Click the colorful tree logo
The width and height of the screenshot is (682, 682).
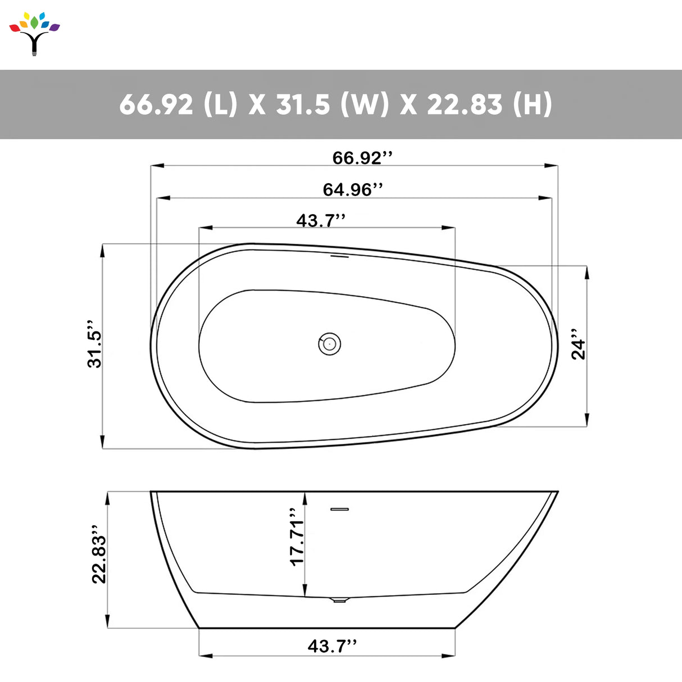click(34, 33)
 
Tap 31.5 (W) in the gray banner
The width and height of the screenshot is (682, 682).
click(332, 104)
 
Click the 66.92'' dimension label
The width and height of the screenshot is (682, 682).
click(362, 158)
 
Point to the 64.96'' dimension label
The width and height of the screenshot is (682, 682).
click(353, 190)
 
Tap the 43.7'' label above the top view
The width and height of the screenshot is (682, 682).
click(321, 221)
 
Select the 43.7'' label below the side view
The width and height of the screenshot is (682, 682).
click(332, 646)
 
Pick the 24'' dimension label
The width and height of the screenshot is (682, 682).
click(579, 344)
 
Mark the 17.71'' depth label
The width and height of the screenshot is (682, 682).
click(297, 538)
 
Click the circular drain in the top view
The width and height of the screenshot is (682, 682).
click(330, 343)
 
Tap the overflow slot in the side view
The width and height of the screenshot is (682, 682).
click(340, 510)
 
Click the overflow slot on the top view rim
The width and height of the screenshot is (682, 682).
click(340, 257)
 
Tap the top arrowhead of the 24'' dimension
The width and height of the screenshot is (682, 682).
click(587, 272)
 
